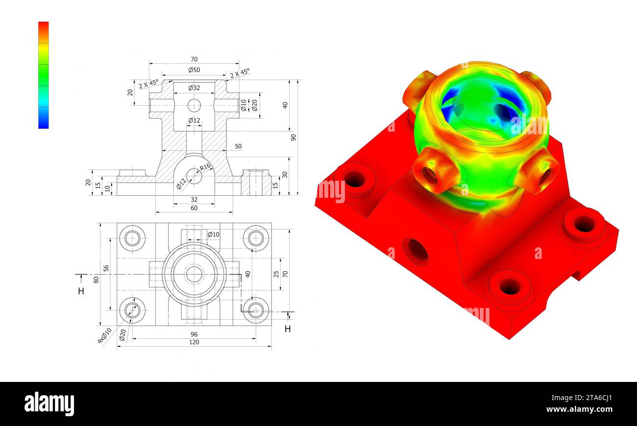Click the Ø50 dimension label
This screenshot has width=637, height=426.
(x=194, y=70)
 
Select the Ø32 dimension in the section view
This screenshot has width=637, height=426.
(x=194, y=88)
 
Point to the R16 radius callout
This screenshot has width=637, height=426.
(x=205, y=166)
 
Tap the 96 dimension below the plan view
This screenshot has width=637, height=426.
(x=194, y=334)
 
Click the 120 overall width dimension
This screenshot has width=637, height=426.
(x=194, y=342)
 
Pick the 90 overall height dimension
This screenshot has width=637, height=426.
(x=294, y=137)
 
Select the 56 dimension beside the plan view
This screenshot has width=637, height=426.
(x=106, y=269)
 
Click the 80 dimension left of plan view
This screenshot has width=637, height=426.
(x=97, y=280)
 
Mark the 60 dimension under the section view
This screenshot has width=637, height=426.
(x=194, y=208)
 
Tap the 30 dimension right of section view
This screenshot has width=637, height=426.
(x=285, y=175)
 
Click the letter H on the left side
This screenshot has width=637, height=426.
(x=81, y=291)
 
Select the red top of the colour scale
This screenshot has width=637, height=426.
(x=44, y=26)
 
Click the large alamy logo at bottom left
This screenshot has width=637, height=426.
(x=49, y=404)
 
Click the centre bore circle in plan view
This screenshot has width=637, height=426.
(x=194, y=274)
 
